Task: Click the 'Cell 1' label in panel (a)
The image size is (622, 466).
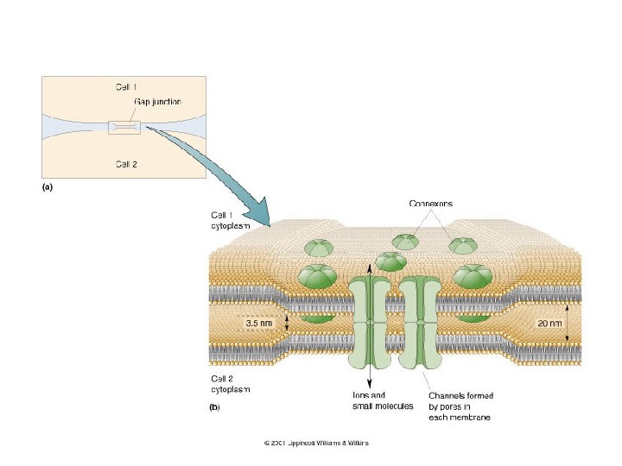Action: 126,86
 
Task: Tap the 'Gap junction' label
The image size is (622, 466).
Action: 157,102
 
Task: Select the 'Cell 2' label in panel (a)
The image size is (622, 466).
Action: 126,163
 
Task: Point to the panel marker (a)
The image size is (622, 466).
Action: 48,186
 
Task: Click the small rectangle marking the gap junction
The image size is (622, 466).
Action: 124,129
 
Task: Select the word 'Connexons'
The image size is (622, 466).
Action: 430,204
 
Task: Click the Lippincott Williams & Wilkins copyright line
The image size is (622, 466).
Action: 316,444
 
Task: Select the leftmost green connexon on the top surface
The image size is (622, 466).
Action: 317,248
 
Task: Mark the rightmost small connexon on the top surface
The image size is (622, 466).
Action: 463,245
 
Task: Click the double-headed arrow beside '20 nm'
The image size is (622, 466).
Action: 567,324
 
